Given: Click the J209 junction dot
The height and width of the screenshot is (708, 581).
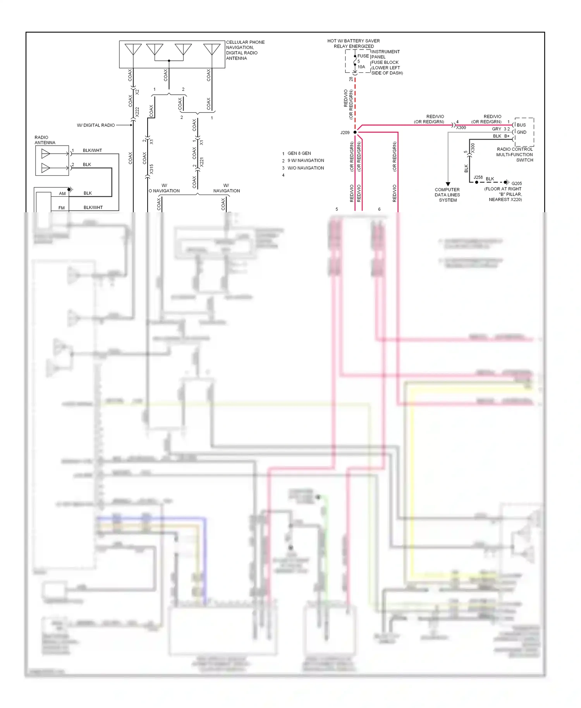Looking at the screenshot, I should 355,132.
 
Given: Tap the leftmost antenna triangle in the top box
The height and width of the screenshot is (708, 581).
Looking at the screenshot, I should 133,49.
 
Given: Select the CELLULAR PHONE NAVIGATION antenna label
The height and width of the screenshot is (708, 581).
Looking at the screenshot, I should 245,50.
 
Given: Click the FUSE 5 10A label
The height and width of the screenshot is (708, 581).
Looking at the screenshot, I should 361,61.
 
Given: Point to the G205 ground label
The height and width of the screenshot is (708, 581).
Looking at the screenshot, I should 516,184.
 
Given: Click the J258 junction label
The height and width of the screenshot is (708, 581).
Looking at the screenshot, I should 478,177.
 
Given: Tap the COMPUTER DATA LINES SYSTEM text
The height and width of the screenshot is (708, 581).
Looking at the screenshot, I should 447,195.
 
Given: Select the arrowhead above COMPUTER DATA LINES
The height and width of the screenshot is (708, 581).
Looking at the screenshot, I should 448,184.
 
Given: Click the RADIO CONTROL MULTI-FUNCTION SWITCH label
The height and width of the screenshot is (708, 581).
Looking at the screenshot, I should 514,155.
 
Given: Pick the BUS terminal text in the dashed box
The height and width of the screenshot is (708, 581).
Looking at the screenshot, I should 521,125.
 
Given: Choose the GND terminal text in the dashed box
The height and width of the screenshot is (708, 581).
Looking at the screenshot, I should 521,132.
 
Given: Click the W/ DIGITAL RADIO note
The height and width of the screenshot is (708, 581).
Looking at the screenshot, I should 96,125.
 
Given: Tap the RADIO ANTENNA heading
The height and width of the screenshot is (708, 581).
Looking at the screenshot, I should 45,140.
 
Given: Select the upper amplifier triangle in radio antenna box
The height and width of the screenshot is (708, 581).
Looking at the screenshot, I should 46,154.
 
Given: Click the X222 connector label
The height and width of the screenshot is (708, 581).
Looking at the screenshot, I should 137,112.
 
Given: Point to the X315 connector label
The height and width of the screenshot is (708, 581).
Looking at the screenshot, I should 151,169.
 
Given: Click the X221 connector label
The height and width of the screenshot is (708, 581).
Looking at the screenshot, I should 201,162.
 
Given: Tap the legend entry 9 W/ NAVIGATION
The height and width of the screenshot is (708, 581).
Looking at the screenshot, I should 306,160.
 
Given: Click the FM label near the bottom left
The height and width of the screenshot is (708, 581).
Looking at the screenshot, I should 61,208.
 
